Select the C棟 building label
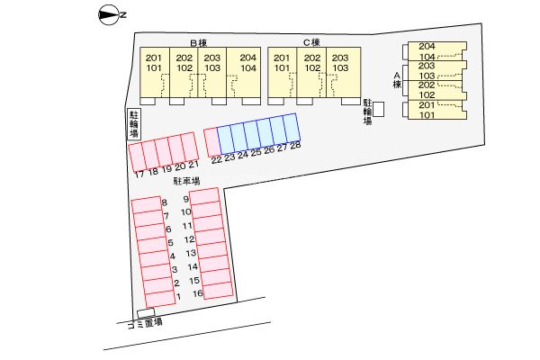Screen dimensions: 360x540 (x=311, y=42)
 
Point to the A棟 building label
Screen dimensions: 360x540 (x=396, y=80)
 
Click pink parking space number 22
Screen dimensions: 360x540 (x=211, y=140)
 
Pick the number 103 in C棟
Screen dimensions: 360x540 (x=340, y=67)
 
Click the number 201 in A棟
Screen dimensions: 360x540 (x=427, y=105)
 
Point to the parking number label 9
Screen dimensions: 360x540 (x=184, y=199)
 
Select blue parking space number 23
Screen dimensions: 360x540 (x=226, y=138)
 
